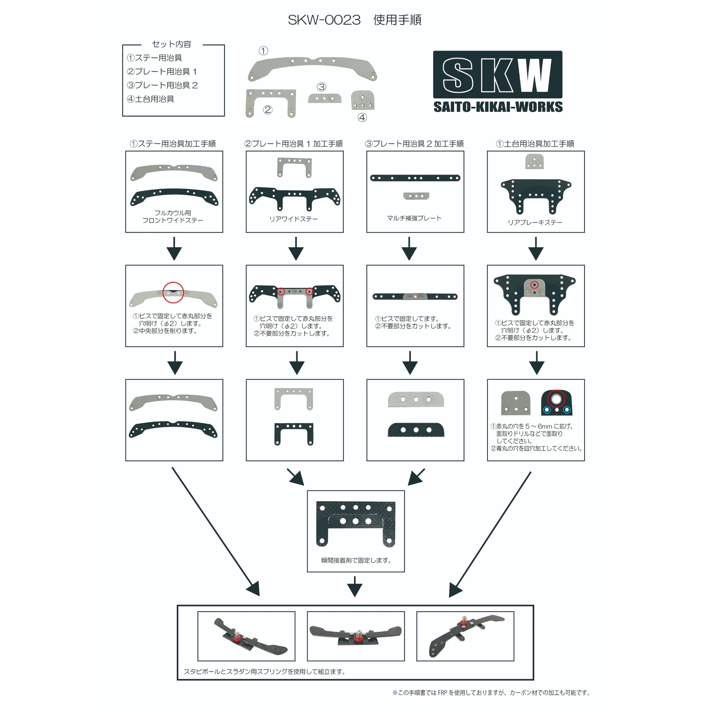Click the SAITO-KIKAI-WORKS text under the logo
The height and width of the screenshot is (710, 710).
(x=498, y=107)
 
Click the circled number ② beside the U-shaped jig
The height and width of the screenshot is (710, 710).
(x=268, y=110)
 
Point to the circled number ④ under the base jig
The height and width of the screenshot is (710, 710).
(x=362, y=118)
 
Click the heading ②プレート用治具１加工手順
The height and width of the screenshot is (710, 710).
(x=293, y=144)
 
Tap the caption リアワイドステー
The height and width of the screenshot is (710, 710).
(x=293, y=219)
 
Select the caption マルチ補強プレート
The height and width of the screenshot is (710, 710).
(x=414, y=218)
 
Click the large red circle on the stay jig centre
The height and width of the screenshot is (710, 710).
(x=173, y=292)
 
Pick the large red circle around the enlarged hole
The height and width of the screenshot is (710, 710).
(x=556, y=399)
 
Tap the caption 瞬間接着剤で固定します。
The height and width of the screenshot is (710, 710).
(x=356, y=560)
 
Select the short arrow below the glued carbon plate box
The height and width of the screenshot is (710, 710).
(x=355, y=587)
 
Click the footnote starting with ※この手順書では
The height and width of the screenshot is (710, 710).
(x=491, y=693)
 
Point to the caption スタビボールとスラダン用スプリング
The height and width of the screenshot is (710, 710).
(x=265, y=672)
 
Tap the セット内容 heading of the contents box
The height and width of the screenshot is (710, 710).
(x=172, y=44)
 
